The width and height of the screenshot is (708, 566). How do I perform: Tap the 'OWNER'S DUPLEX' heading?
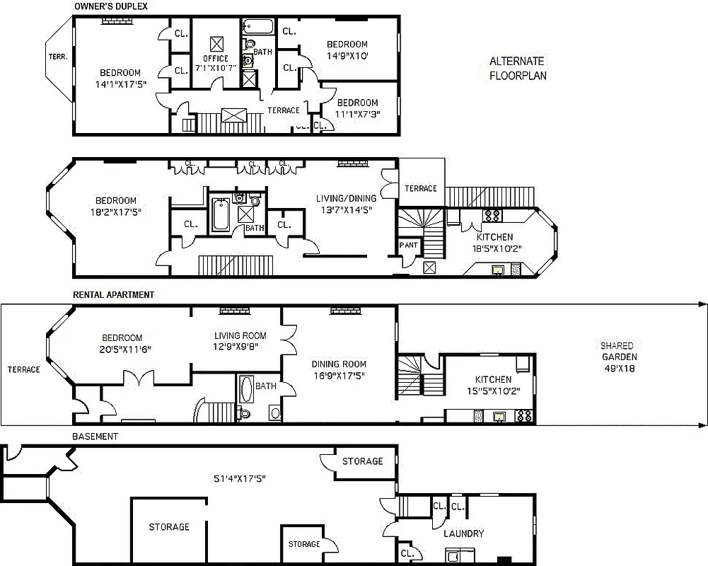111,7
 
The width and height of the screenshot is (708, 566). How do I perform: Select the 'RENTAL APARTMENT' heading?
113,295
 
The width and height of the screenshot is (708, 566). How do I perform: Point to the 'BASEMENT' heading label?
95,437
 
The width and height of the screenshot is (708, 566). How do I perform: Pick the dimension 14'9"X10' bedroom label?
347,50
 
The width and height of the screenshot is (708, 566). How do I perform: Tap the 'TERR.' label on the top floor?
57,57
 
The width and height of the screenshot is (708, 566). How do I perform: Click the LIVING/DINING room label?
344,204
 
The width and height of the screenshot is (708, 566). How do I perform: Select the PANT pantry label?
408,246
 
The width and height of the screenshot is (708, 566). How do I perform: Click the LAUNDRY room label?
463,533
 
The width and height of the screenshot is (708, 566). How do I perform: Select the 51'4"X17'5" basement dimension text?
239,479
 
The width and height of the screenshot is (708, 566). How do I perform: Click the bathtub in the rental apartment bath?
246,390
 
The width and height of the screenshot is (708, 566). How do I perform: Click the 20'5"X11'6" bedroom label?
122,344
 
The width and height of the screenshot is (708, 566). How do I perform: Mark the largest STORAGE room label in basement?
169,527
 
